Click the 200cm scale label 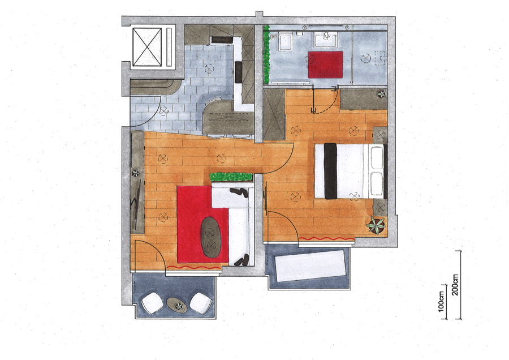(455, 285)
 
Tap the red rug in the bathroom (326, 65)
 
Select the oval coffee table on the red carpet (211, 238)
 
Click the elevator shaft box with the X (147, 47)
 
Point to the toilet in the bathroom (286, 42)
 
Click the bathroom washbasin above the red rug (326, 40)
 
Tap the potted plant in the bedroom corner (376, 225)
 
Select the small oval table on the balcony (177, 305)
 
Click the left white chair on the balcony (152, 303)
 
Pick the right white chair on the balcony (201, 303)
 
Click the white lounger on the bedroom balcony (310, 265)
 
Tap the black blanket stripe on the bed (330, 171)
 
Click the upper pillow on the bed (377, 157)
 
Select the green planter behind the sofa (231, 177)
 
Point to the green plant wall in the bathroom (266, 54)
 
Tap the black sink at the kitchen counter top (222, 40)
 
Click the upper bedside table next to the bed (380, 135)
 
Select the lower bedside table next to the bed (380, 207)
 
